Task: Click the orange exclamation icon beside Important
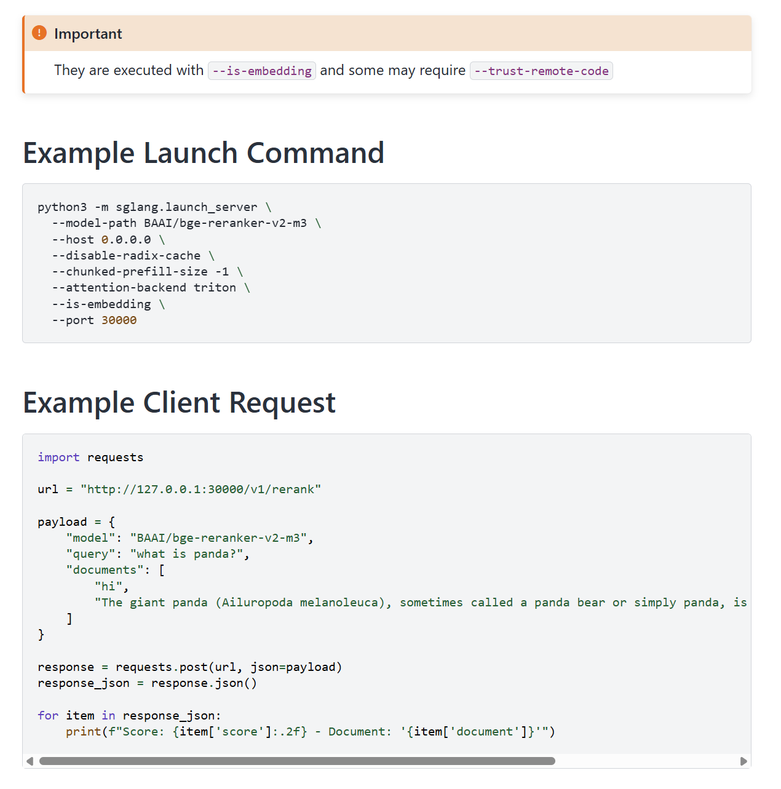(39, 33)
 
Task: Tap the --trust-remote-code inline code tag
(541, 71)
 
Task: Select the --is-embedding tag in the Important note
(262, 71)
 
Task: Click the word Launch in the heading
(191, 153)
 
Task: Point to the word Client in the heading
(181, 402)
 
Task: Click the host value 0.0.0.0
(125, 239)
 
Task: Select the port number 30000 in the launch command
(119, 320)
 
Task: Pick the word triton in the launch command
(215, 288)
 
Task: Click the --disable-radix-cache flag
(126, 255)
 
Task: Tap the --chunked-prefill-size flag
(129, 272)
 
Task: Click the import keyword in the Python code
(58, 457)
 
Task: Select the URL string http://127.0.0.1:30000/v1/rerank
(200, 490)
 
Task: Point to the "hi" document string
(108, 586)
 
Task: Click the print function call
(84, 732)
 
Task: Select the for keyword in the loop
(48, 715)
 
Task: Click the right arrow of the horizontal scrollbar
(743, 761)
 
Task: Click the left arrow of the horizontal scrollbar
(30, 761)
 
